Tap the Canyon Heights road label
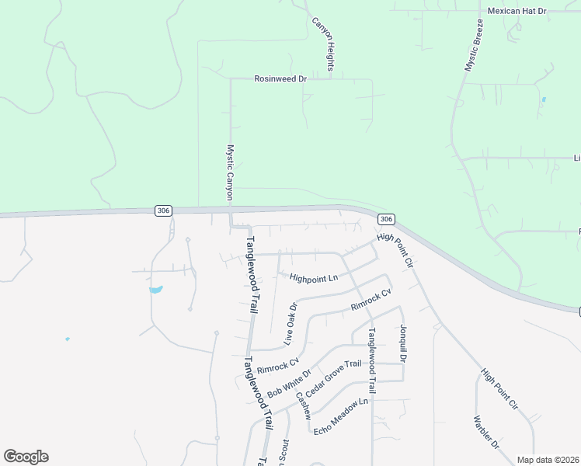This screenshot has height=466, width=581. coord(323,45)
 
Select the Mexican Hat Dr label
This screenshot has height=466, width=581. coord(517,11)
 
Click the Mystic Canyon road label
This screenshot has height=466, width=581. coord(230,172)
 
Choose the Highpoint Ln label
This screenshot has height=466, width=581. coord(314,277)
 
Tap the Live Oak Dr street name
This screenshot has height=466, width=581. coord(290,323)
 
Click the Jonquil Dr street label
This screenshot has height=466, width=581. coord(403,344)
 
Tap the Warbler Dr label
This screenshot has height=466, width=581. coord(485,433)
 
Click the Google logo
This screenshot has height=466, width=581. coord(26,457)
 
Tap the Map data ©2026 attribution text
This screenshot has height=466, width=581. coord(548,460)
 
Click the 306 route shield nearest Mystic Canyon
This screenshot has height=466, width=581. coord(162,210)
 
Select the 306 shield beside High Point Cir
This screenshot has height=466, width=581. coord(387,220)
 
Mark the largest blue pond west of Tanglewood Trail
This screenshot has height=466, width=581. coord(155,290)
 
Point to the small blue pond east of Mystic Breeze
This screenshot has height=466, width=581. coord(543,99)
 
